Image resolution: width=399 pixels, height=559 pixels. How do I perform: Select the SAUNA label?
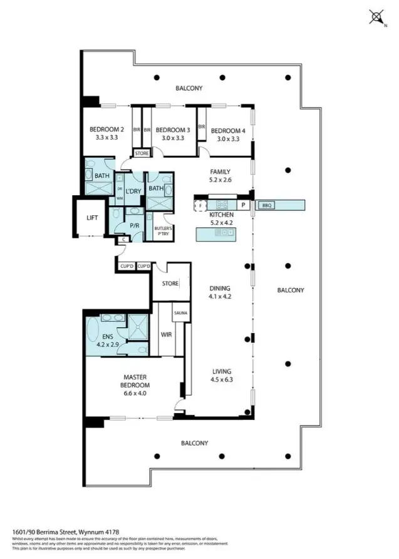pyautogui.click(x=181, y=312)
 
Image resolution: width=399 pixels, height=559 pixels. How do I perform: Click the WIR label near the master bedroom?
pyautogui.click(x=166, y=335)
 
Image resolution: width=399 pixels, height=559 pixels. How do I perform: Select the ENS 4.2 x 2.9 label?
pyautogui.click(x=103, y=337)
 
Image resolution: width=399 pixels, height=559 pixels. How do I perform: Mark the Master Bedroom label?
pyautogui.click(x=135, y=381)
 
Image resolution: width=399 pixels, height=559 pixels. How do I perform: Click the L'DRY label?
pyautogui.click(x=132, y=191)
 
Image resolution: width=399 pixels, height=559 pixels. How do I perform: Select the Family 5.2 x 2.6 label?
pyautogui.click(x=220, y=176)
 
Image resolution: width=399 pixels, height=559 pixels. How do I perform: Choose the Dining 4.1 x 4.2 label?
pyautogui.click(x=220, y=293)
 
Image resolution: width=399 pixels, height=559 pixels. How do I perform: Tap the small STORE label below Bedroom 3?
pyautogui.click(x=142, y=153)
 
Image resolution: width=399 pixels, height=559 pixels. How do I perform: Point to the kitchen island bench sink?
pyautogui.click(x=220, y=233)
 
